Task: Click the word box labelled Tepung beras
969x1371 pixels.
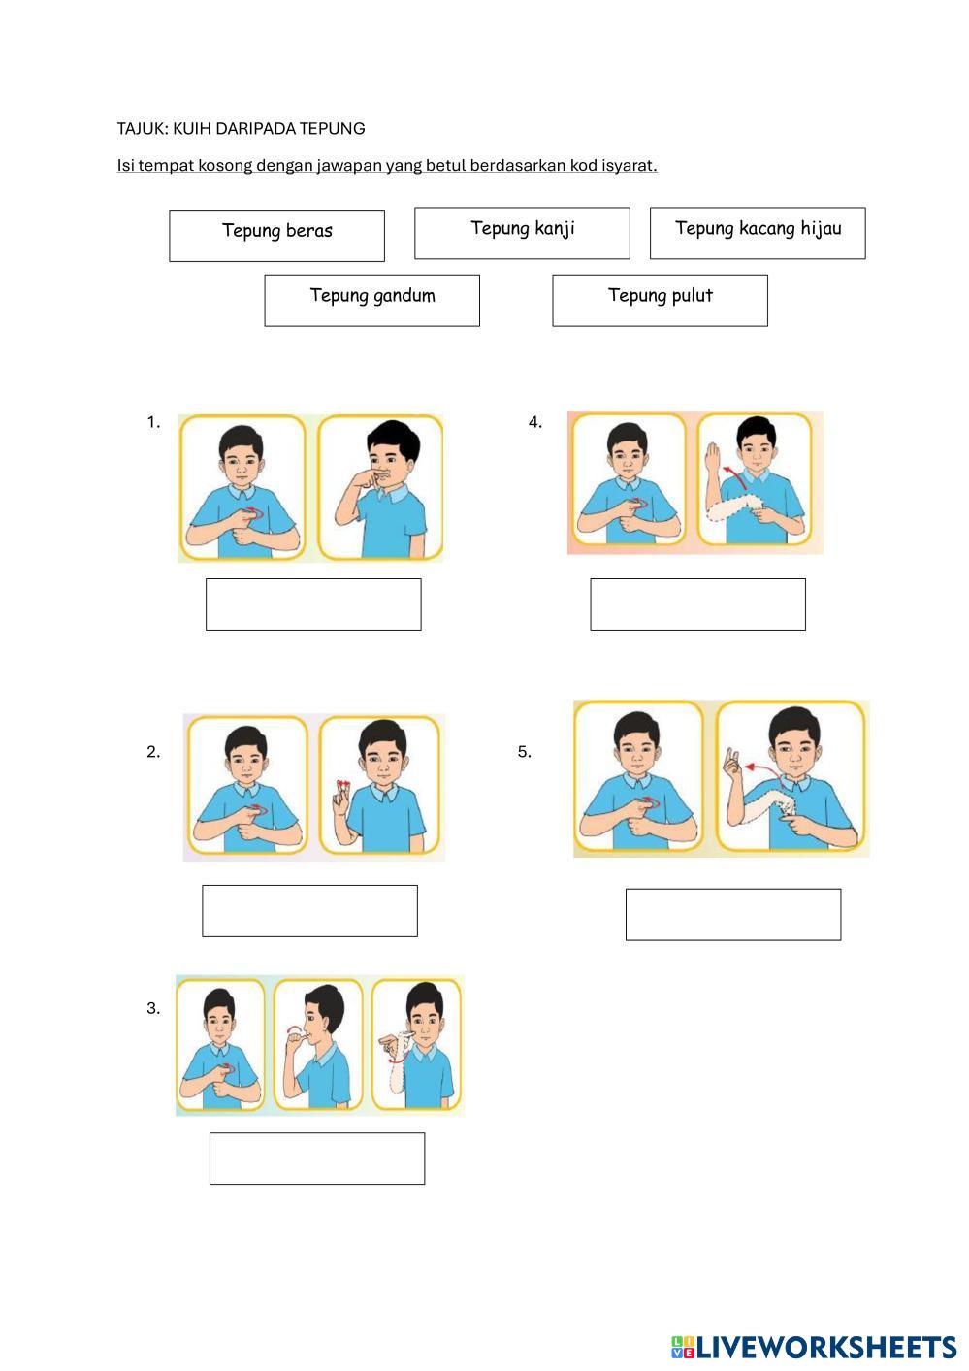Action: click(x=276, y=236)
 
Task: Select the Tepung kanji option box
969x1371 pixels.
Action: click(x=522, y=233)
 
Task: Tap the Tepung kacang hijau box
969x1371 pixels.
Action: click(x=758, y=233)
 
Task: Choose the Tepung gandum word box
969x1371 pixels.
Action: click(x=371, y=301)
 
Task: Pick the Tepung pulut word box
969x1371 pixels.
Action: click(x=661, y=301)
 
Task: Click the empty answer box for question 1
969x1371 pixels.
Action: click(x=313, y=604)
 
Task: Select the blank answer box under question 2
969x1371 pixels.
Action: click(x=309, y=911)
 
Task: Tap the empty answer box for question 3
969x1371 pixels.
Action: click(x=317, y=1159)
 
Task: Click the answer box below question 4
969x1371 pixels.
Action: click(x=698, y=604)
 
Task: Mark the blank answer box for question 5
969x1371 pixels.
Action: click(x=733, y=914)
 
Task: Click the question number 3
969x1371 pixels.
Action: click(x=153, y=1008)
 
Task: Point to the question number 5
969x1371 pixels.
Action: click(x=524, y=752)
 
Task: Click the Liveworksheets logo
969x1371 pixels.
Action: click(x=814, y=1347)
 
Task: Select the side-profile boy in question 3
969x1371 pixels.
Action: click(x=318, y=1045)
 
